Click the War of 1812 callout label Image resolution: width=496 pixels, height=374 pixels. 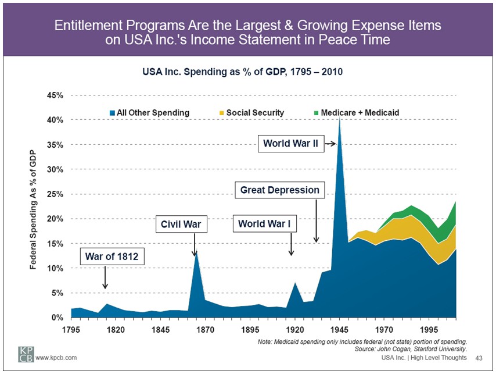click(x=111, y=256)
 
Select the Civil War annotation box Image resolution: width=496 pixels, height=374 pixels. click(x=180, y=224)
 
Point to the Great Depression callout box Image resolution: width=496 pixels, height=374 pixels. click(x=280, y=190)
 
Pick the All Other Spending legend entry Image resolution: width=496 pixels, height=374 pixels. click(x=149, y=112)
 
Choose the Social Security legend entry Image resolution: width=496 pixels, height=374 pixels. click(x=251, y=112)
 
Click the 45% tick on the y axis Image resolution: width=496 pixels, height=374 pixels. click(x=55, y=95)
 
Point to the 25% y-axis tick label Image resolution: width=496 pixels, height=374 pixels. click(x=55, y=194)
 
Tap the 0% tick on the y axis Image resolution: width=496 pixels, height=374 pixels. click(x=57, y=318)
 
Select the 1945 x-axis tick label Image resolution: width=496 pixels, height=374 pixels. click(x=339, y=329)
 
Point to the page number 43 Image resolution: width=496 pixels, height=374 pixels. click(x=479, y=358)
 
